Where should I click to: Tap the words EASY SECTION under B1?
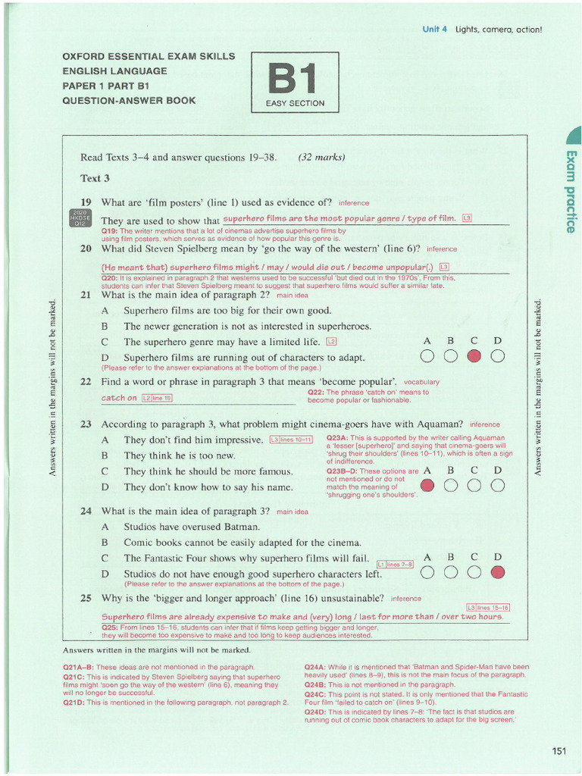295,103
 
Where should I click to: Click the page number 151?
559,751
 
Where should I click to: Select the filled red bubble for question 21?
474,357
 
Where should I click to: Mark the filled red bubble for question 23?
427,487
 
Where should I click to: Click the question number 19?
86,202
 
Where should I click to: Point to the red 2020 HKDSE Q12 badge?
80,218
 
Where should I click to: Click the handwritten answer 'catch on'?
119,398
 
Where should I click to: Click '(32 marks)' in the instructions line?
321,158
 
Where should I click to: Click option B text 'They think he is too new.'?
180,455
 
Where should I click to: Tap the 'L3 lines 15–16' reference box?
487,608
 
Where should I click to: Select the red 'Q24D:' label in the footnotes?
315,712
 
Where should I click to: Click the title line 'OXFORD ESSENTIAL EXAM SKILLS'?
149,57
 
